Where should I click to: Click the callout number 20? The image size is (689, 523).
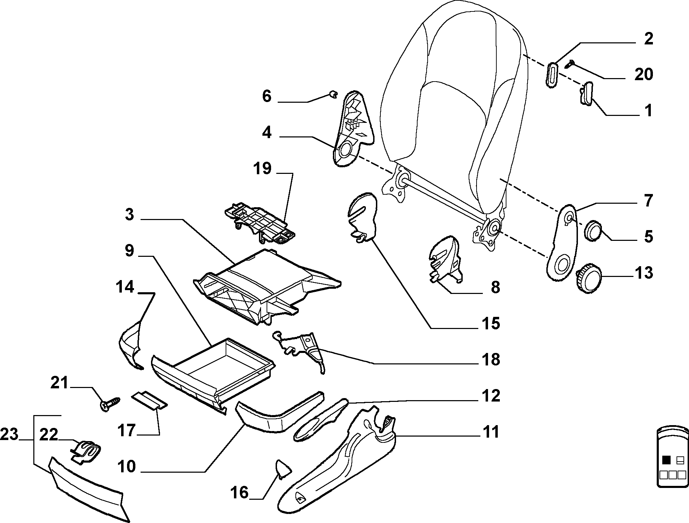coord(644,74)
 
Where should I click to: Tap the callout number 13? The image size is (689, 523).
coord(644,273)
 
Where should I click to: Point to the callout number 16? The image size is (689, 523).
coord(240,492)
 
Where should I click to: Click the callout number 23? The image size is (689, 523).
coord(9,434)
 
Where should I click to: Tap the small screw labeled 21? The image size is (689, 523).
coord(110,404)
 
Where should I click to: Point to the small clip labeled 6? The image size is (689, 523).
coord(333,94)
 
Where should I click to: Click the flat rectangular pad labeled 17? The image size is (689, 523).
coord(149,401)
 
